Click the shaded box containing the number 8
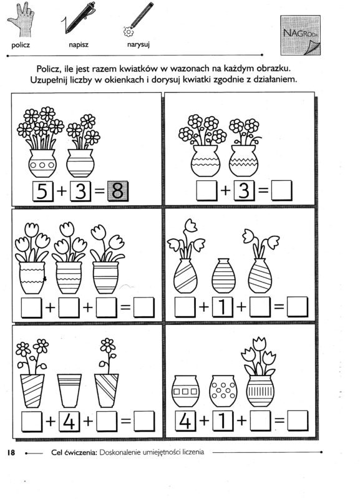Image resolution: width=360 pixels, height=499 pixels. [x=118, y=191]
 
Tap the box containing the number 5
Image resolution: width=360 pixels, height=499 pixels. [x=43, y=191]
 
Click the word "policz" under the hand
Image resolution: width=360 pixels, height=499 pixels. [x=21, y=45]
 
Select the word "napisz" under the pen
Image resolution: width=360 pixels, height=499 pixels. [x=79, y=45]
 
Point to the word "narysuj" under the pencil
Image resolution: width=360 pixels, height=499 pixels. [x=139, y=45]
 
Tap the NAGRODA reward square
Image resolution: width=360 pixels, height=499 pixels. [x=301, y=35]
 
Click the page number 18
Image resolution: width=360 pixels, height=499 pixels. [x=11, y=452]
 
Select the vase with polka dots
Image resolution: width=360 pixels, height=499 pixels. [x=223, y=391]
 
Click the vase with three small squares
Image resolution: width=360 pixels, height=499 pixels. [x=185, y=391]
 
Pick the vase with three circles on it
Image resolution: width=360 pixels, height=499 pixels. [x=42, y=163]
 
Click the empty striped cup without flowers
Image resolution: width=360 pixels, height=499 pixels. [x=69, y=390]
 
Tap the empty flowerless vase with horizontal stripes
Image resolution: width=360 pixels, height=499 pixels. [x=223, y=276]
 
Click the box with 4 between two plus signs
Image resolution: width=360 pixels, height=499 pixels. [x=69, y=422]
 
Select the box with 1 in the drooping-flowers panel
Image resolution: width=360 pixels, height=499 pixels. [x=223, y=307]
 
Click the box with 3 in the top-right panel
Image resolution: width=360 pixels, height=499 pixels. [x=244, y=190]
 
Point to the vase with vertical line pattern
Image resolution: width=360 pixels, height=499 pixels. [x=260, y=391]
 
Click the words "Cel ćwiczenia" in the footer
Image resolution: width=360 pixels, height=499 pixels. [x=74, y=452]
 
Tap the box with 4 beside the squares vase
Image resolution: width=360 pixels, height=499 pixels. [x=186, y=420]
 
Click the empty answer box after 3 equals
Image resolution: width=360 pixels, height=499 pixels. [x=281, y=190]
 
